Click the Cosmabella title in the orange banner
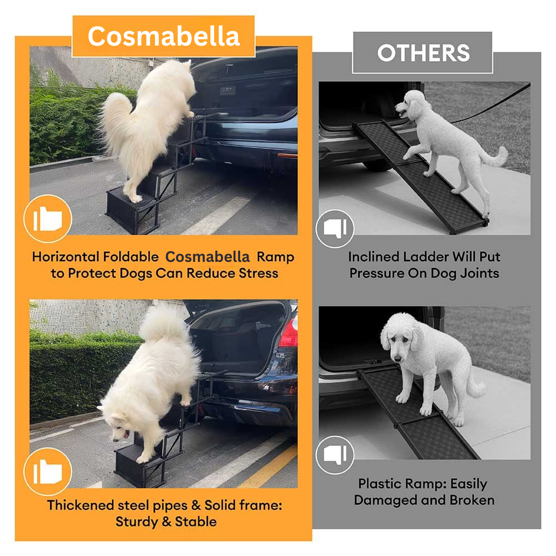click(x=163, y=36)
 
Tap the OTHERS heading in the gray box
click(x=423, y=53)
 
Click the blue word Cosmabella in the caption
click(x=207, y=257)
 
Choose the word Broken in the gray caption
click(x=472, y=500)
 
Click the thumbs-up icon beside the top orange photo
click(x=48, y=219)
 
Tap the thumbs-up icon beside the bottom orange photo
click(x=48, y=471)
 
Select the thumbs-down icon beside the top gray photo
click(x=335, y=229)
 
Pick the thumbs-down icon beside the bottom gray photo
click(x=335, y=455)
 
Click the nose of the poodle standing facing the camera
click(x=398, y=359)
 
